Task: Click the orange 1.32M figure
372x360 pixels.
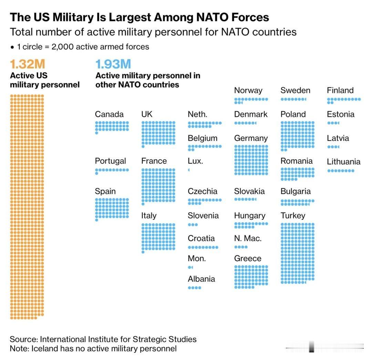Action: pyautogui.click(x=28, y=64)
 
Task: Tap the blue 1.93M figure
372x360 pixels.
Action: pyautogui.click(x=113, y=64)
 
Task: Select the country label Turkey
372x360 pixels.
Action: pyautogui.click(x=293, y=215)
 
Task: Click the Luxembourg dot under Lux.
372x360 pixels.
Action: pyautogui.click(x=189, y=170)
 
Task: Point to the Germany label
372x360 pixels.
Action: pyautogui.click(x=251, y=138)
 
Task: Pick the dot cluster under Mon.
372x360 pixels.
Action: pyautogui.click(x=190, y=267)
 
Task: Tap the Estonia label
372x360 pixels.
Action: pyautogui.click(x=340, y=114)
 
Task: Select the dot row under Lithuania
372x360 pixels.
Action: pyautogui.click(x=340, y=171)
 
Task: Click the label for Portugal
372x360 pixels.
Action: pyautogui.click(x=110, y=161)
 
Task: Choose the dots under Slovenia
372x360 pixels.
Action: pyautogui.click(x=193, y=225)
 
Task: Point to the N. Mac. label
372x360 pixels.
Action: pyautogui.click(x=248, y=238)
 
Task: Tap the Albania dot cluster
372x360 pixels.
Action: pyautogui.click(x=194, y=288)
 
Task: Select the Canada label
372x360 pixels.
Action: pyautogui.click(x=109, y=114)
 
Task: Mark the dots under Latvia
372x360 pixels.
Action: pyautogui.click(x=333, y=147)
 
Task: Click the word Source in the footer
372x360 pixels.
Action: pyautogui.click(x=23, y=339)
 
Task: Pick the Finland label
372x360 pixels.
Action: pyautogui.click(x=340, y=91)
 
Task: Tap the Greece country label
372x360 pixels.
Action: pyautogui.click(x=248, y=258)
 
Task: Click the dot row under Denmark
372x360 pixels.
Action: pyautogui.click(x=245, y=123)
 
